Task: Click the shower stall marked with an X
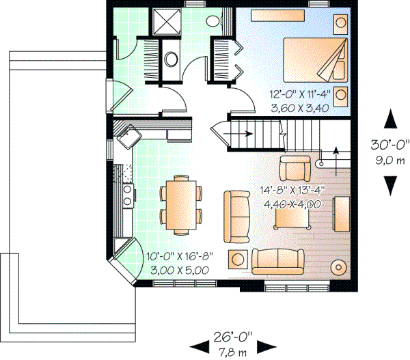pyautogui.click(x=164, y=22)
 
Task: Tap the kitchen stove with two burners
pyautogui.click(x=126, y=193)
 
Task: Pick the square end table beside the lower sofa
pyautogui.click(x=238, y=259)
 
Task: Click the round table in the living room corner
pyautogui.click(x=339, y=266)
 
